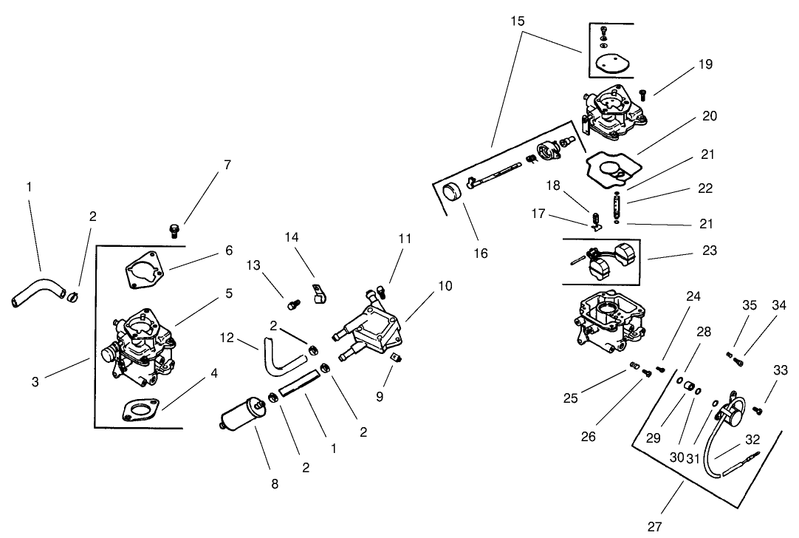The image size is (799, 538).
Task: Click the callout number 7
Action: click(227, 165)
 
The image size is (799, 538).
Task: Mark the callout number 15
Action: click(518, 21)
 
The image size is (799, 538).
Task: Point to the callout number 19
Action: click(705, 64)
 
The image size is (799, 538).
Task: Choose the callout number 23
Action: click(710, 251)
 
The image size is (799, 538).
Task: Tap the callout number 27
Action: click(654, 526)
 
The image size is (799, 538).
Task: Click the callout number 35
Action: click(750, 304)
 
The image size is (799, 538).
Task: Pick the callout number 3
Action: click(35, 381)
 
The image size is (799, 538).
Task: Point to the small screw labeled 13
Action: click(292, 302)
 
